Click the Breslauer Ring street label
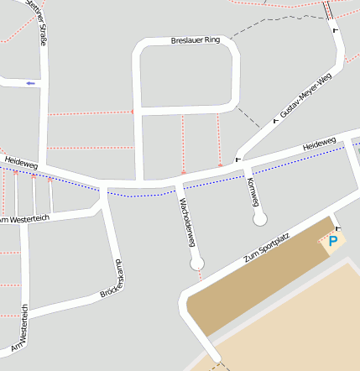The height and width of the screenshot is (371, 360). pos(194,40)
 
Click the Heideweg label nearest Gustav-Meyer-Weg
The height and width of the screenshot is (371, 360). pos(319,144)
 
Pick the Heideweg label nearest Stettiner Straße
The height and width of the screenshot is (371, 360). pos(22,160)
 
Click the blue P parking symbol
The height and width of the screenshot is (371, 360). pos(332,242)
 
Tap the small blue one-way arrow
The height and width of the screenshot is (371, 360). pos(31,83)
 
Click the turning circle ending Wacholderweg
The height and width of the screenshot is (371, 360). pos(197,264)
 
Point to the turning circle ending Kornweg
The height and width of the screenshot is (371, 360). pos(260,218)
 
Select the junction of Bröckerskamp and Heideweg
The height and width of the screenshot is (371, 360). pos(102,187)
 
